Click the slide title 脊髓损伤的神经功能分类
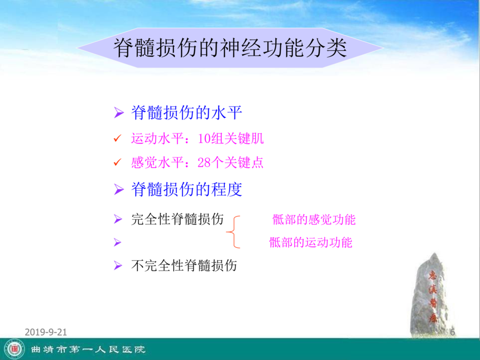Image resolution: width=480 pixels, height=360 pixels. (230, 48)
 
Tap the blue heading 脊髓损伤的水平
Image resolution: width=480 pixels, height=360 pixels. (186, 113)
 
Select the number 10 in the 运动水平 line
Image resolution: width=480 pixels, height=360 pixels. (204, 138)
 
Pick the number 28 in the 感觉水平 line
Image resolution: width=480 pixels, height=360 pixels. (204, 163)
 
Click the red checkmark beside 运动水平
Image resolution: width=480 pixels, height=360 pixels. (118, 138)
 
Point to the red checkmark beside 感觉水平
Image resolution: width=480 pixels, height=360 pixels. (118, 162)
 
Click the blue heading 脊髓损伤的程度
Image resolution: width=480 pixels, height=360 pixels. (186, 189)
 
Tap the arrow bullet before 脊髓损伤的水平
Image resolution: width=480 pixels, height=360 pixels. (119, 113)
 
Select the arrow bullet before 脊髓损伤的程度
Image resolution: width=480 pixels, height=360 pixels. (119, 189)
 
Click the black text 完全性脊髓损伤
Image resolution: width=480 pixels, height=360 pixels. (177, 219)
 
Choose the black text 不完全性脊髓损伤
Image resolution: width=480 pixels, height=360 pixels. (184, 265)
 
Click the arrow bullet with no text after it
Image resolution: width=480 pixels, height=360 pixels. (118, 242)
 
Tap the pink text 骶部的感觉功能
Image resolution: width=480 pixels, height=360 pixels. (314, 219)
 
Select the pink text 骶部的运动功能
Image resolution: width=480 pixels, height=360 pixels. (311, 242)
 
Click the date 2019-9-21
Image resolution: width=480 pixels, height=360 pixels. (46, 332)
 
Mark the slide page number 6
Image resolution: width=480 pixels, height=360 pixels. (453, 332)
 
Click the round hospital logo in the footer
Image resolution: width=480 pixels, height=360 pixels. (15, 349)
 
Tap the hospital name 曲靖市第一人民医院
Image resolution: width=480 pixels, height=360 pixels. (88, 349)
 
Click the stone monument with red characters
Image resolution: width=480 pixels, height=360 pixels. (431, 295)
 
